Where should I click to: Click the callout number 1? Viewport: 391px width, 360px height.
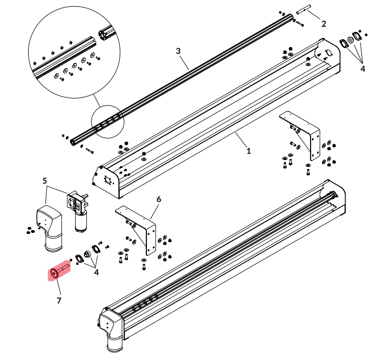pyautogui.click(x=248, y=151)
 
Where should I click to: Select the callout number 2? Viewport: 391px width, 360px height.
pyautogui.click(x=324, y=24)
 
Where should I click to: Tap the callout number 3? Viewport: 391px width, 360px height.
pyautogui.click(x=178, y=51)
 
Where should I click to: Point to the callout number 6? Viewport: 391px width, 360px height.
pyautogui.click(x=158, y=199)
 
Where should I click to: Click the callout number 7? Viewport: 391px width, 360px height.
pyautogui.click(x=59, y=300)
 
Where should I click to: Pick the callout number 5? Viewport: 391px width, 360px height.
pyautogui.click(x=44, y=181)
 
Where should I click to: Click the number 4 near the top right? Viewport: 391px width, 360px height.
pyautogui.click(x=363, y=69)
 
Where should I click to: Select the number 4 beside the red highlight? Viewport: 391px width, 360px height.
pyautogui.click(x=96, y=272)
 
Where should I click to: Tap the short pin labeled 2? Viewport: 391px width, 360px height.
pyautogui.click(x=304, y=9)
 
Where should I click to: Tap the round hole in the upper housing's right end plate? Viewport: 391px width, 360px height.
pyautogui.click(x=329, y=53)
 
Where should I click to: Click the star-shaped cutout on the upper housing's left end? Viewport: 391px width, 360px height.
pyautogui.click(x=108, y=180)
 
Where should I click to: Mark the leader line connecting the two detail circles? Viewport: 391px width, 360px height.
pyautogui.click(x=97, y=100)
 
